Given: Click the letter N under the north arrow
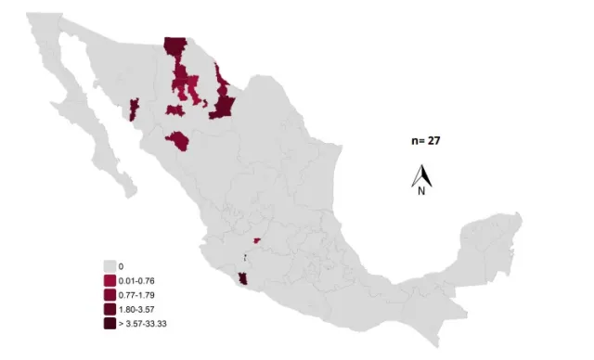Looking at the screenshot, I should (x=421, y=191).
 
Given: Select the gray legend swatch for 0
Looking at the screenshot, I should (x=110, y=265).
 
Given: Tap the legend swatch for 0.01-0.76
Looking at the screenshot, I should (x=110, y=280).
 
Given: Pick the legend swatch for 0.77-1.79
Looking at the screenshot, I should (x=110, y=294).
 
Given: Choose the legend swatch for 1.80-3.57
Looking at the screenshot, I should (x=110, y=309).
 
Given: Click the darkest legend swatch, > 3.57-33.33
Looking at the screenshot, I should (x=110, y=323).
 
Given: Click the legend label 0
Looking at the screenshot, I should (x=122, y=265).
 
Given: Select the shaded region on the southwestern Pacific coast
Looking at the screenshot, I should (x=243, y=279).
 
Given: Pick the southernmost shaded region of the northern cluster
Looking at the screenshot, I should (x=177, y=141).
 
